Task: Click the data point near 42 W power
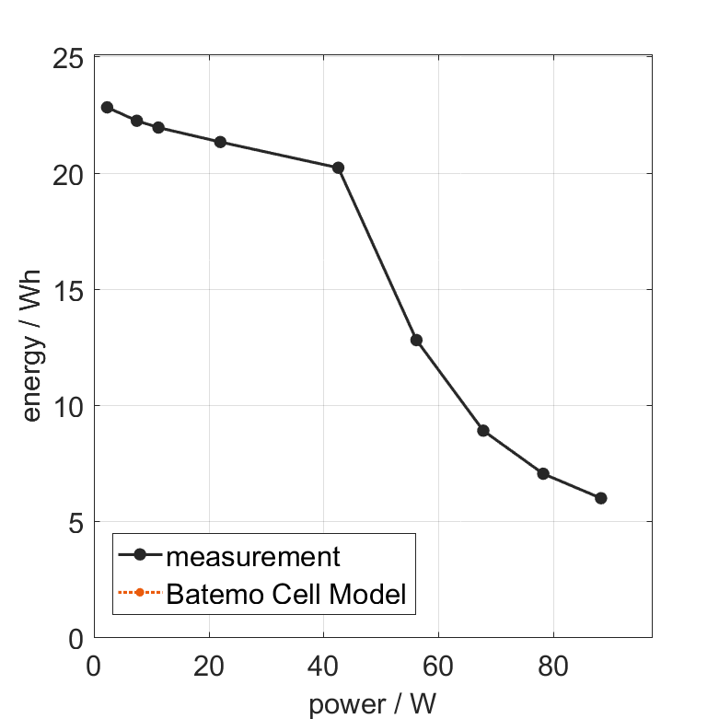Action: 338,168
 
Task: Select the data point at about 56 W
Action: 416,340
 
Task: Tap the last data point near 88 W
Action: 601,498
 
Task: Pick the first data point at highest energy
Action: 107,107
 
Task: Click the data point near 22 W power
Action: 220,142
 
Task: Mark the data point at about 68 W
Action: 483,430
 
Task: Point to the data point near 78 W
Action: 543,473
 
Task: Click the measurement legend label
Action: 253,556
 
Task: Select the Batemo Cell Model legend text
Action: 286,594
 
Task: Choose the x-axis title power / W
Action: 372,704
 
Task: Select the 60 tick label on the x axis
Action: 438,666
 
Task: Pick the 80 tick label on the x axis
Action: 553,666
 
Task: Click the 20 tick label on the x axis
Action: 209,666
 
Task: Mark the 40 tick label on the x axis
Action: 324,666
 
